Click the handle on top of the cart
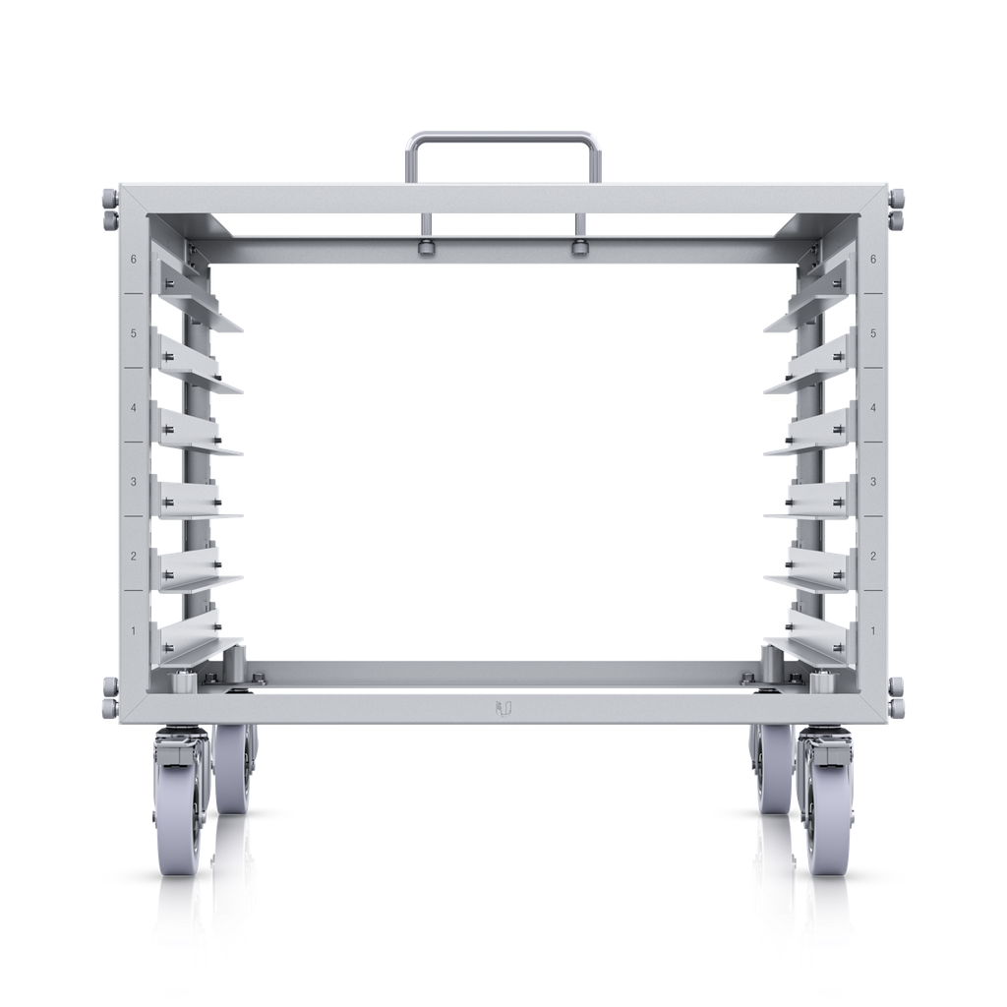[x=503, y=137]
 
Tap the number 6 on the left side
[x=134, y=260]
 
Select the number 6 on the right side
[x=873, y=260]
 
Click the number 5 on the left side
[x=134, y=334]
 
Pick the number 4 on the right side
[x=873, y=408]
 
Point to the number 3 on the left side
[x=134, y=482]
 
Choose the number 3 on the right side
[x=873, y=482]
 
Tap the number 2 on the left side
[x=134, y=557]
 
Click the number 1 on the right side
[x=873, y=630]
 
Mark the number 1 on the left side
[x=134, y=630]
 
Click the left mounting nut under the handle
[x=426, y=247]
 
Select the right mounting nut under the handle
[x=579, y=247]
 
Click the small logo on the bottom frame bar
[x=503, y=706]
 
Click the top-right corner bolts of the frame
[x=898, y=207]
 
